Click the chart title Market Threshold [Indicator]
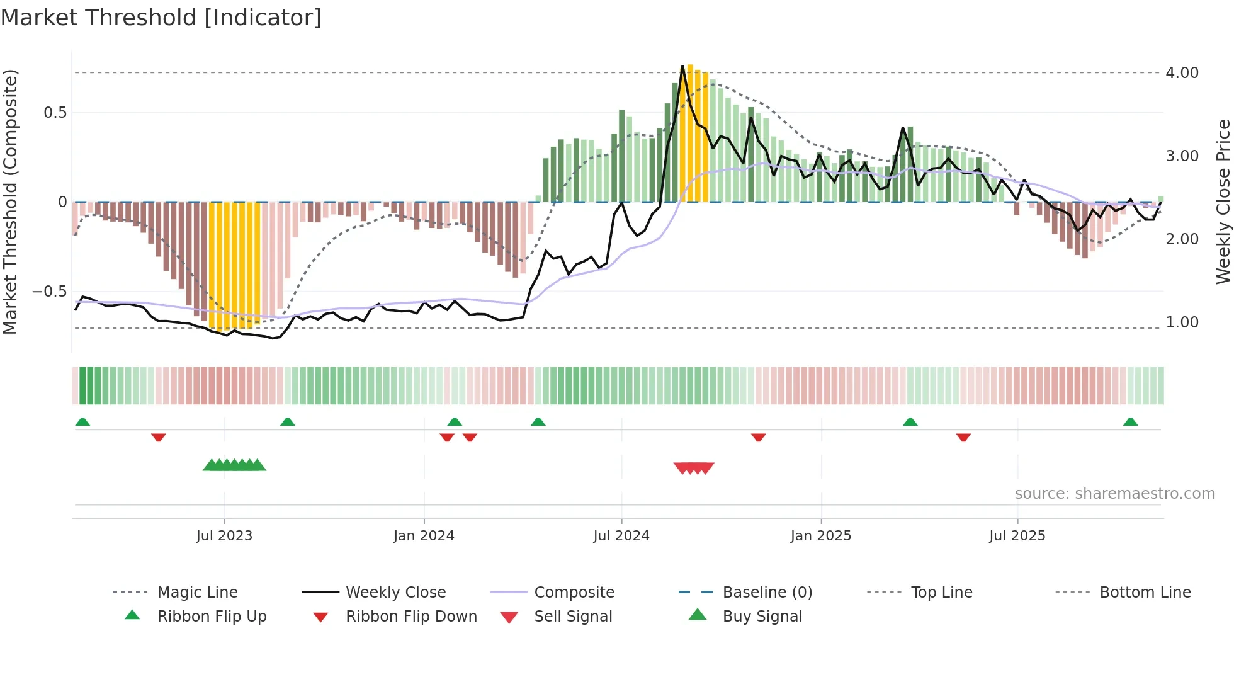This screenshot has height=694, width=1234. [161, 18]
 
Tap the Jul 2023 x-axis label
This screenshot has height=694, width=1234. [224, 536]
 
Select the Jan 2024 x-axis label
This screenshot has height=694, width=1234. [424, 536]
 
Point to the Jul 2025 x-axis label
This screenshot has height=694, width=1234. [1017, 536]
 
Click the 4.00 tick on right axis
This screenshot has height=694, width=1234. [1182, 73]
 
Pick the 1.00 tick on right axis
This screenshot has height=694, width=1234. [1182, 322]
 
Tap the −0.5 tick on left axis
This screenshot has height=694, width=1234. [49, 292]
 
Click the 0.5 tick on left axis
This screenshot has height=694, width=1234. [55, 113]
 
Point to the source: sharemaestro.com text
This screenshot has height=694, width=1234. [1114, 494]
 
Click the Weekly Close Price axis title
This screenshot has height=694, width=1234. [1223, 202]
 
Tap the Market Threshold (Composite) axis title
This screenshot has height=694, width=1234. [10, 202]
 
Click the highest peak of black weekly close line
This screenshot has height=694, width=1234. [682, 66]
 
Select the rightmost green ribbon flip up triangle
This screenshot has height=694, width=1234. [1130, 422]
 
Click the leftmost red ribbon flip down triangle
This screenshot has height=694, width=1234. [159, 437]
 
